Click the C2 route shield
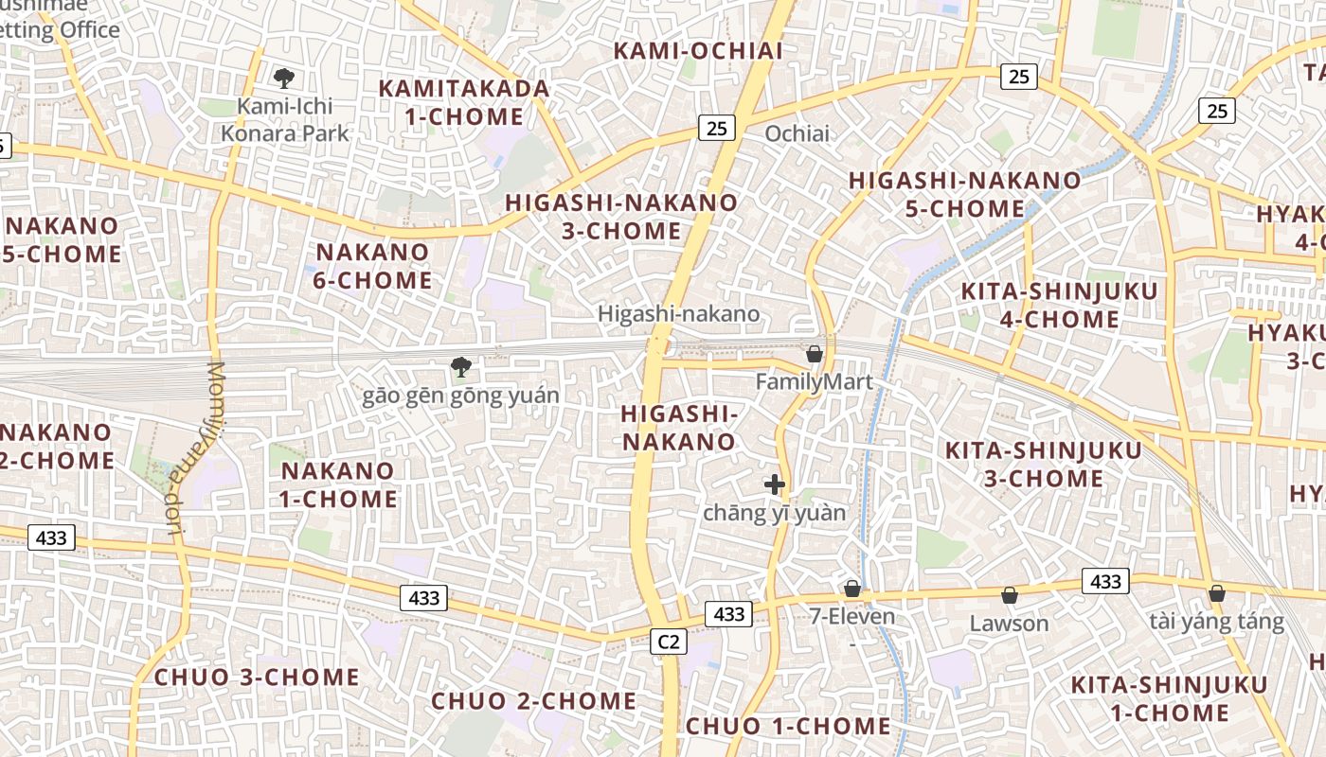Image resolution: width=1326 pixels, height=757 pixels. point(669,642)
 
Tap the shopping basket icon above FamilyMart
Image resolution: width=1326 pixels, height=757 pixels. point(814,355)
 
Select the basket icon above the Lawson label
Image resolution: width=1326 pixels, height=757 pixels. point(1010,595)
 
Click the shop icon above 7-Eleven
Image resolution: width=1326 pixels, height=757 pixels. point(852,589)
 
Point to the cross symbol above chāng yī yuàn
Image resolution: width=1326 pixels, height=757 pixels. point(775,484)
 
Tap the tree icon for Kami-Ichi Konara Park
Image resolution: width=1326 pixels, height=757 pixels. point(283,78)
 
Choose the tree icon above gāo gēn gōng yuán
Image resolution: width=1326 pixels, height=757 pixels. point(461,366)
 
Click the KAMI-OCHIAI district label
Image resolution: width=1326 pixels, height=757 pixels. point(699,51)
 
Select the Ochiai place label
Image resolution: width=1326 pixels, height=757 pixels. point(797,133)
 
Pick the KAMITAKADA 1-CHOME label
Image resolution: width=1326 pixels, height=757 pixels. point(464,102)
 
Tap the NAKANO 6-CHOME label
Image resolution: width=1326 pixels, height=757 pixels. point(373,266)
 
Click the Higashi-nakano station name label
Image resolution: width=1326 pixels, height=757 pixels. point(678,313)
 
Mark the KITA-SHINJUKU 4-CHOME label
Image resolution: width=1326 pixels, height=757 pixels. point(1059,305)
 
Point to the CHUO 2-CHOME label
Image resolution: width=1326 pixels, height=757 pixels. point(534,701)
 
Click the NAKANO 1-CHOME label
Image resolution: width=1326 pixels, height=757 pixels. point(338,484)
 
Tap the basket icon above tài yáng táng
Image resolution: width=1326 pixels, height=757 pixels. point(1217,593)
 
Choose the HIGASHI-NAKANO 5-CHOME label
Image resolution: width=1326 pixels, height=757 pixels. point(964,194)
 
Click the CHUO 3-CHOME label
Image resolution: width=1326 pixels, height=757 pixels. point(257,678)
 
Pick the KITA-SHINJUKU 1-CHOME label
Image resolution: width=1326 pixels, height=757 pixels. point(1169,698)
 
